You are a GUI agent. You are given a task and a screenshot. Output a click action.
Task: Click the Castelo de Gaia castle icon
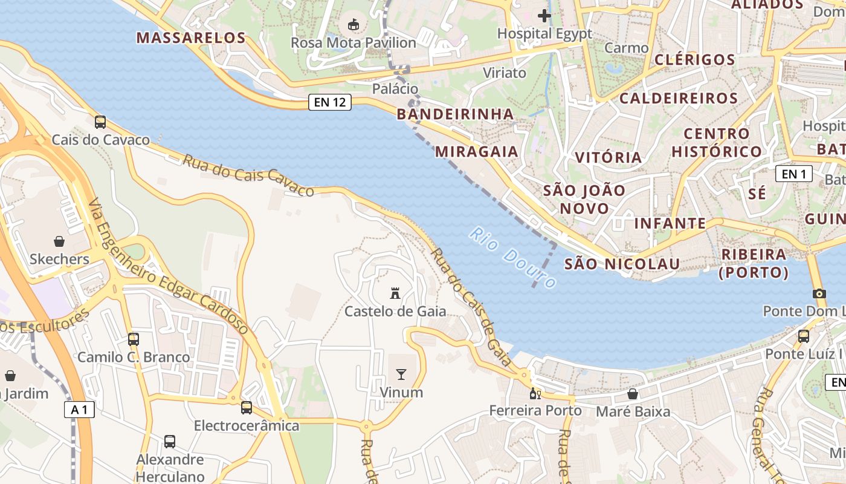tap(395, 293)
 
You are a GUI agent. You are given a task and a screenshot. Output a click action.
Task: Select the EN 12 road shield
tap(331, 102)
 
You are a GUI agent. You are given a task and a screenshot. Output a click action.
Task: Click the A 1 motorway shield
tap(79, 410)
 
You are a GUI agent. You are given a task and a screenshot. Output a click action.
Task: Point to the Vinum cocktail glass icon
tap(401, 374)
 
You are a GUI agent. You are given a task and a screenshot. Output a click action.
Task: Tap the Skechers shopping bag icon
tap(59, 242)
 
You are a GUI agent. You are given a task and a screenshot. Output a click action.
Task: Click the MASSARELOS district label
tap(191, 38)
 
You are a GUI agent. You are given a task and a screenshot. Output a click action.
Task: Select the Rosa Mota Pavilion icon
tap(354, 25)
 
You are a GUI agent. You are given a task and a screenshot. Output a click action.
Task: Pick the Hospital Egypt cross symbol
tap(544, 16)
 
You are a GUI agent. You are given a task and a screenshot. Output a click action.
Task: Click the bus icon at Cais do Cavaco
tap(100, 122)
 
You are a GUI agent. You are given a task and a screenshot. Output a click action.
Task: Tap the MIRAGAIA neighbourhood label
tap(477, 151)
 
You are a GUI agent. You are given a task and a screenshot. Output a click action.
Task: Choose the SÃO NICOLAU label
tap(622, 264)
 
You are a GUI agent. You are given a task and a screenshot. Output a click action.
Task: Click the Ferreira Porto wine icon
tap(535, 394)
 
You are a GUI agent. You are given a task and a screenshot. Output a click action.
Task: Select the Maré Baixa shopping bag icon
tap(633, 394)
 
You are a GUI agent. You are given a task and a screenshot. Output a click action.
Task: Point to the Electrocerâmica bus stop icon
tap(247, 408)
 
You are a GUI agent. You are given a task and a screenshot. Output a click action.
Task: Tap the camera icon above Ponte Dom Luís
tap(819, 293)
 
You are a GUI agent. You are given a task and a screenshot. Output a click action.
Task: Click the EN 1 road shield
tap(793, 174)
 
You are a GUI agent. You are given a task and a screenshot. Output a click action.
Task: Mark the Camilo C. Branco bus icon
tap(134, 339)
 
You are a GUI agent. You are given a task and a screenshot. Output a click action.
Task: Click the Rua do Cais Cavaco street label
tap(248, 175)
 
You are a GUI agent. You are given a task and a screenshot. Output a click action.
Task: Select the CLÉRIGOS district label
tap(695, 59)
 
